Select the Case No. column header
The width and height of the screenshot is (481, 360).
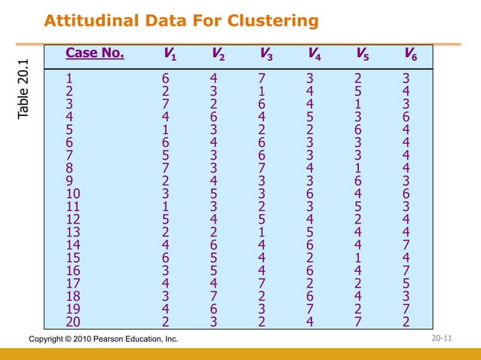(95, 53)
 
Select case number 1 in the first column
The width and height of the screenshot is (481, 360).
(70, 77)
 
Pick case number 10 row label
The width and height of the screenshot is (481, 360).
(74, 194)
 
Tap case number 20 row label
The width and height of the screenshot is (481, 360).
(74, 323)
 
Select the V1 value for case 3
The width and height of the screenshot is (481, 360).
(165, 103)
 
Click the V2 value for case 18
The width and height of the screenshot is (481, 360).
(213, 297)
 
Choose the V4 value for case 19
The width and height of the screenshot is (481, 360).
(310, 310)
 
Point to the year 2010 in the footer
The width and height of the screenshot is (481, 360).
(76, 340)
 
